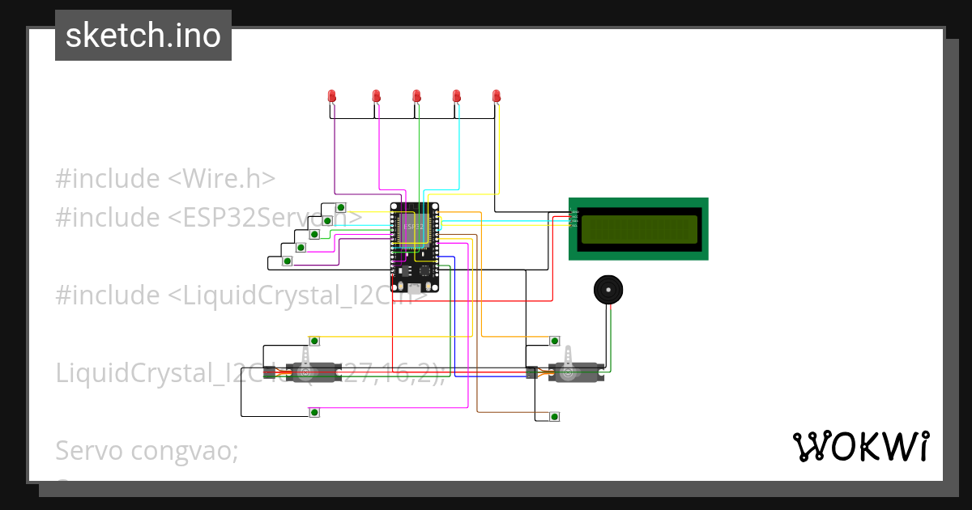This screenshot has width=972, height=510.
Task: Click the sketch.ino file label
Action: point(143,36)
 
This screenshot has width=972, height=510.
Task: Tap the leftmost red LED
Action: point(332,96)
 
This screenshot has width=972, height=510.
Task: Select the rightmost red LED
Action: point(497,96)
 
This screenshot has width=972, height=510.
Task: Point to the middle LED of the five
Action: point(416,96)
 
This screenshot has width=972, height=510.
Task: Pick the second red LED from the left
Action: point(377,96)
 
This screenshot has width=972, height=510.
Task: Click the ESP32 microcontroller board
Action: point(414,246)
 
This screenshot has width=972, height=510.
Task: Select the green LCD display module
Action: point(638,228)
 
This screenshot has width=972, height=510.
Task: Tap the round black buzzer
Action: point(608,289)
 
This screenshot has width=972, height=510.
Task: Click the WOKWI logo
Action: point(860,447)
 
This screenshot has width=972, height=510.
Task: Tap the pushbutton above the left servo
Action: point(314,340)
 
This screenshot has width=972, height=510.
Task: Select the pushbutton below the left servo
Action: point(314,413)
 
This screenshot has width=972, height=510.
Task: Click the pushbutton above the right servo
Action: point(555,340)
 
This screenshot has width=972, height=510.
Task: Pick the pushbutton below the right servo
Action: point(555,416)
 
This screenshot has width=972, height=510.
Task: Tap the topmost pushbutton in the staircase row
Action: point(341,206)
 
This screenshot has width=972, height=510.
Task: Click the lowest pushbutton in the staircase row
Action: point(287,261)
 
